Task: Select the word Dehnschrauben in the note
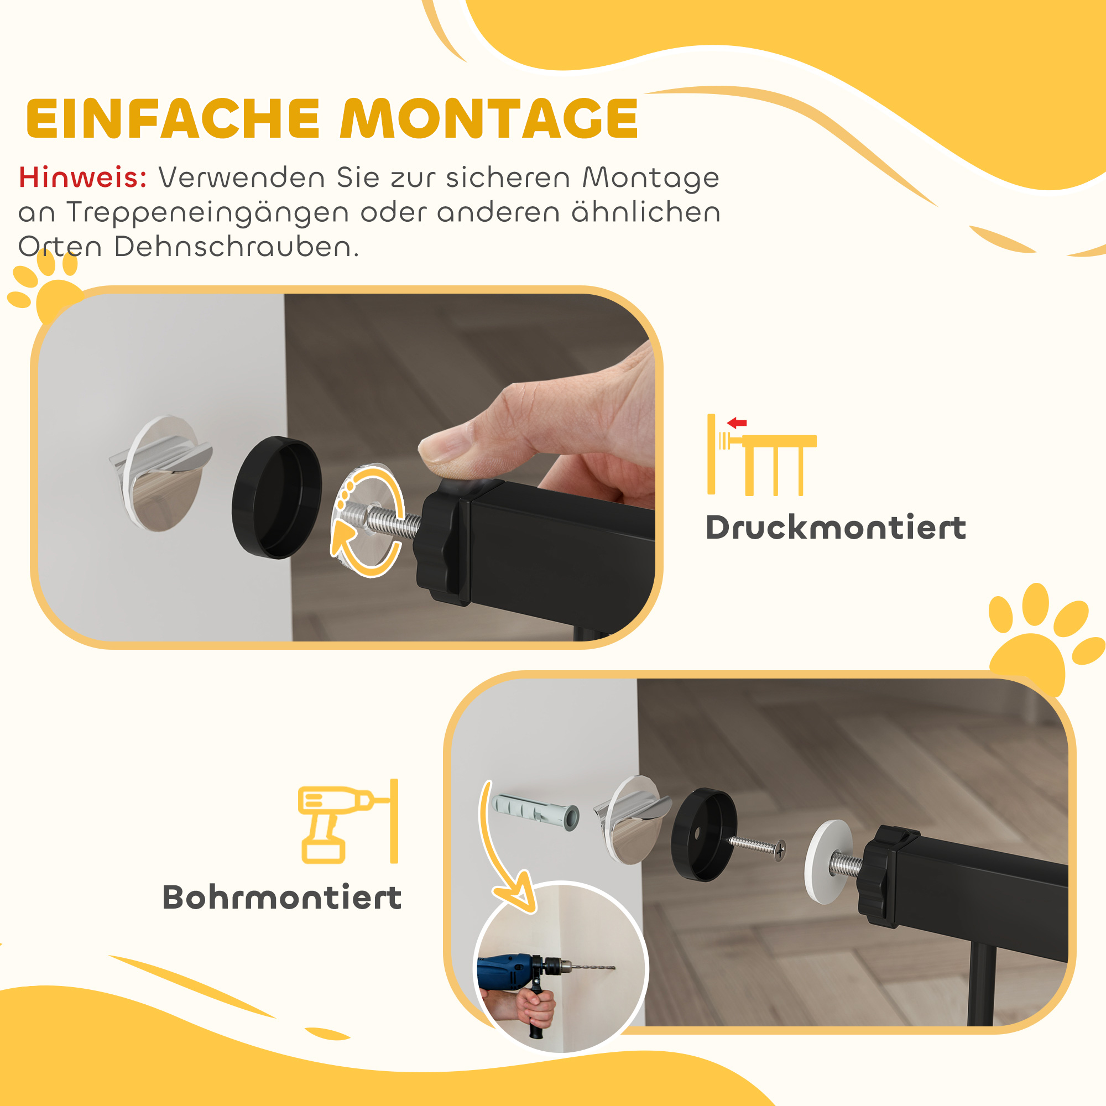click(x=236, y=247)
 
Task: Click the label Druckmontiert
click(x=836, y=528)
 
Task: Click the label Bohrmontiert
click(x=282, y=898)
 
